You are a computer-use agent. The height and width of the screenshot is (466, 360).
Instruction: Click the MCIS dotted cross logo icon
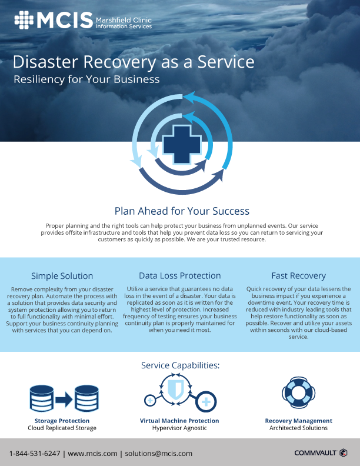tap(24, 20)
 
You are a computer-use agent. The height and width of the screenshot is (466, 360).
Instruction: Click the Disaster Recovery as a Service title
tap(134, 62)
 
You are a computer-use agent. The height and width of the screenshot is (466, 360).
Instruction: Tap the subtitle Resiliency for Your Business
tap(86, 79)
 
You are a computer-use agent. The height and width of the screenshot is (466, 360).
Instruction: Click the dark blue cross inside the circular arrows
tap(182, 145)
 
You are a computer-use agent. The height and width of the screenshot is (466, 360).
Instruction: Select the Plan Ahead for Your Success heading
tap(182, 211)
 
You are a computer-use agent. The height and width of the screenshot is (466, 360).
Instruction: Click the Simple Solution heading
tap(62, 276)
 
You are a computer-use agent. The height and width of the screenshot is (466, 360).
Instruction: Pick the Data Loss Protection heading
tap(179, 275)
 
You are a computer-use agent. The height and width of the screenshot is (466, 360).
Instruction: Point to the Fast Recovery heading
tap(298, 276)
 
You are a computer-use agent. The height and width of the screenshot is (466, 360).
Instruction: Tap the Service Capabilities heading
tap(181, 365)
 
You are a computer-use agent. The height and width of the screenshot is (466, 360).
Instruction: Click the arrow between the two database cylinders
tap(64, 399)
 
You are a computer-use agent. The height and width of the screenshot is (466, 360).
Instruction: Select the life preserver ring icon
tap(298, 392)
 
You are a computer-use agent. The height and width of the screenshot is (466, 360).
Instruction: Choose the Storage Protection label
tap(62, 421)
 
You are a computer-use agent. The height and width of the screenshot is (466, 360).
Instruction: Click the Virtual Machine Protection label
tap(179, 421)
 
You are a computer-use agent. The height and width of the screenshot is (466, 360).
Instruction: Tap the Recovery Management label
tap(298, 421)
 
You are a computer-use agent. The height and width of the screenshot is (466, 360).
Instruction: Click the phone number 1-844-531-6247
tap(35, 454)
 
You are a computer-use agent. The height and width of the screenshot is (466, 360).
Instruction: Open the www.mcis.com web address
tap(93, 454)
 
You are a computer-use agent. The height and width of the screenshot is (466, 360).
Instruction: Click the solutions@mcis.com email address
tap(159, 454)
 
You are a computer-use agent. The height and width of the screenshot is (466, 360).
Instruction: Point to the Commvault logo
tap(321, 452)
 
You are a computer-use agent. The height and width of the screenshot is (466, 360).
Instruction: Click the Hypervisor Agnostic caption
tap(179, 428)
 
